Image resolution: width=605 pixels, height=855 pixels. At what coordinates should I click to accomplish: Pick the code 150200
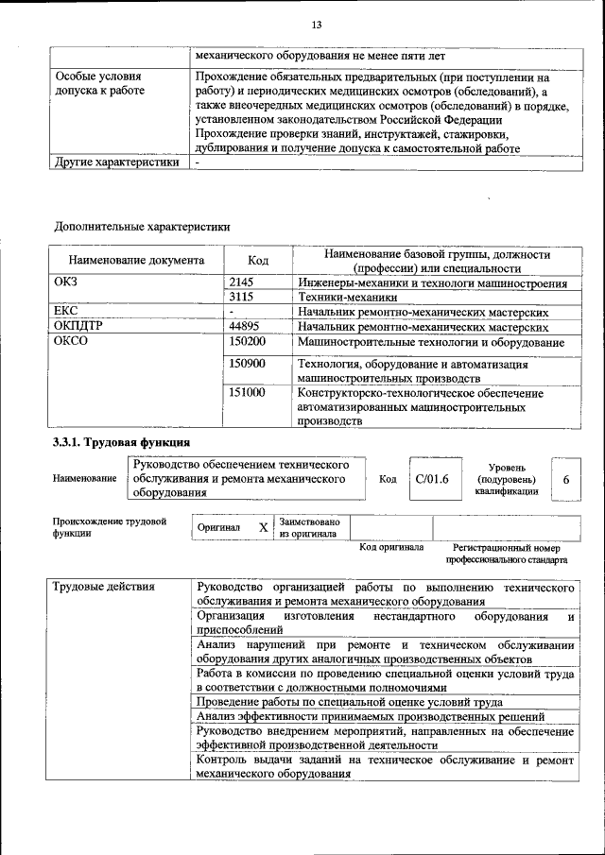pyautogui.click(x=248, y=341)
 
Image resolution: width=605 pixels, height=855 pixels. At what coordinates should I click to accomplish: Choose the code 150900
pyautogui.click(x=248, y=364)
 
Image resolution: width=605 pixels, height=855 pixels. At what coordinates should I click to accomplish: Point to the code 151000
pyautogui.click(x=248, y=392)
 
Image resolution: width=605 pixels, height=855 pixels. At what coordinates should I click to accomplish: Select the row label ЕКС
pyautogui.click(x=67, y=311)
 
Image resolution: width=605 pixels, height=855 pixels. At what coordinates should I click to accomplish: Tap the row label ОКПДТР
pyautogui.click(x=78, y=326)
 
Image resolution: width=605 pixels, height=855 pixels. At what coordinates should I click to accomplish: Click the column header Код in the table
pyautogui.click(x=258, y=260)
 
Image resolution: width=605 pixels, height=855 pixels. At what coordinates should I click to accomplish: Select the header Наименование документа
pyautogui.click(x=136, y=260)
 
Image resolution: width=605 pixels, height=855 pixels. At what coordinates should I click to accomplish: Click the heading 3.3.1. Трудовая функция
pyautogui.click(x=122, y=442)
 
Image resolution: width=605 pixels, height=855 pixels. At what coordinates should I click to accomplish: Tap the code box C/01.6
pyautogui.click(x=431, y=479)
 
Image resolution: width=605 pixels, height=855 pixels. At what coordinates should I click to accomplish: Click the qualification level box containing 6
pyautogui.click(x=565, y=479)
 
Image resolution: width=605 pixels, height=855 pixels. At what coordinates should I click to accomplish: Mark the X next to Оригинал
pyautogui.click(x=264, y=527)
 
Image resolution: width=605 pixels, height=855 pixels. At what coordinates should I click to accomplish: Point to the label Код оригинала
pyautogui.click(x=390, y=548)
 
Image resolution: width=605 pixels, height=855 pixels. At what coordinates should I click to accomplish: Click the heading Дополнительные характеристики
pyautogui.click(x=142, y=226)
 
